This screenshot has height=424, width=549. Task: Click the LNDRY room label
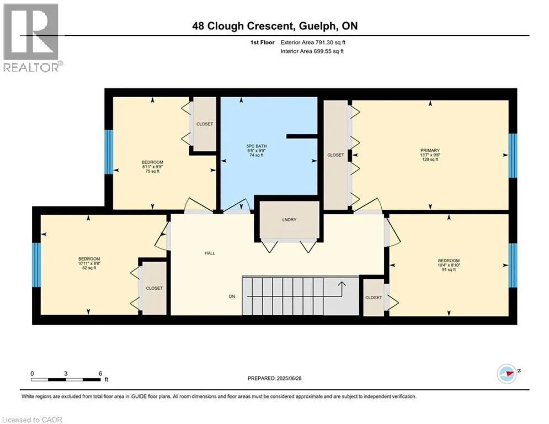coord(289,220)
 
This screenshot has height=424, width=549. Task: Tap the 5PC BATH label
coord(257,146)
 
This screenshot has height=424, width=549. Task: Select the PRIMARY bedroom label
coord(430,150)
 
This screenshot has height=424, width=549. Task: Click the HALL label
coord(210,253)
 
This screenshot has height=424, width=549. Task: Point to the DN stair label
coord(232,296)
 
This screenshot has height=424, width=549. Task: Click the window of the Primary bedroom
coord(513,155)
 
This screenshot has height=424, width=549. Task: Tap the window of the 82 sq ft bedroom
coord(36,265)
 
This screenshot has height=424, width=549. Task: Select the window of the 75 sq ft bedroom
coord(109,152)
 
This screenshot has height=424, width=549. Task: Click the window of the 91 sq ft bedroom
coord(513,265)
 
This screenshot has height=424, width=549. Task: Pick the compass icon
coord(507,374)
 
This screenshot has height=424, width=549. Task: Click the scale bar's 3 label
coord(66,374)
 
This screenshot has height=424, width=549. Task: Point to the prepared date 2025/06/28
coord(289,378)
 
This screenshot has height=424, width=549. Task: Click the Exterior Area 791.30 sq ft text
coord(313,43)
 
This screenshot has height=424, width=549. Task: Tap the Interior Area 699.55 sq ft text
coord(312,51)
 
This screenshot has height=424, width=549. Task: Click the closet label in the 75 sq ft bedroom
coord(205,124)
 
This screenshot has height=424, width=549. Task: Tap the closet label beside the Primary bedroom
coord(335,155)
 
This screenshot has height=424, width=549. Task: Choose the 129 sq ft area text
coord(430,160)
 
